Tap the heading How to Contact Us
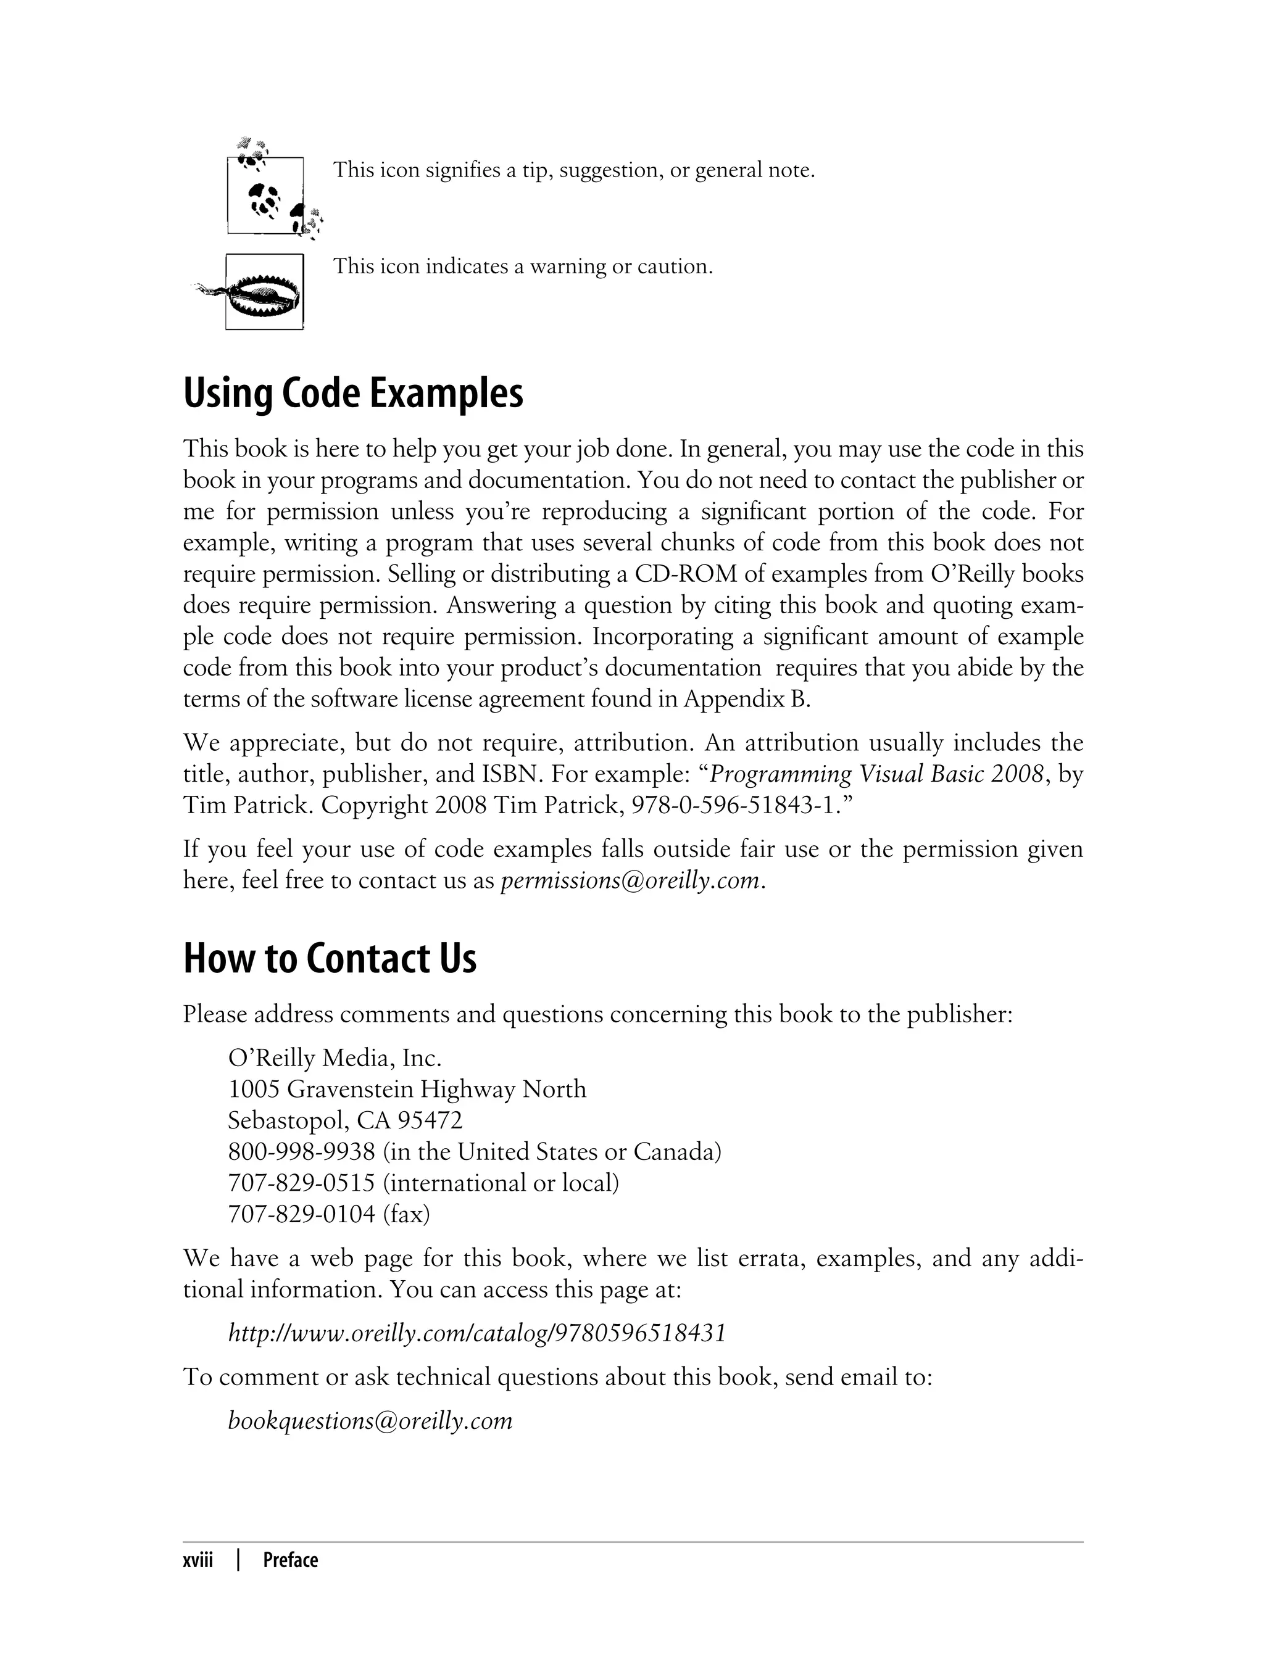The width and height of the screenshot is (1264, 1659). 330,959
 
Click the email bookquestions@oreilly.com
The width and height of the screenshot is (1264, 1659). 370,1421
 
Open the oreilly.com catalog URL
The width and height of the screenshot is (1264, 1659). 477,1333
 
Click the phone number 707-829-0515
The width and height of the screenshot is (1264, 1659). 301,1183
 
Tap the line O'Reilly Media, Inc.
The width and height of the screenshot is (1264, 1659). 334,1058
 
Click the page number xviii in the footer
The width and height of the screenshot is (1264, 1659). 198,1560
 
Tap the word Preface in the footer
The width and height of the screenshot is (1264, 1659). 291,1560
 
